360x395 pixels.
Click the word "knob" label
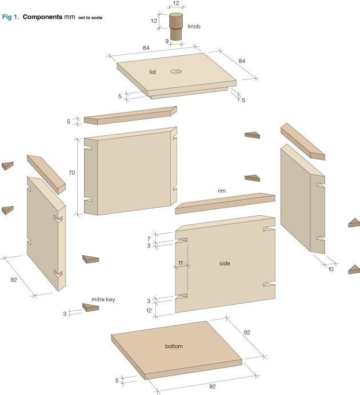[x=194, y=27]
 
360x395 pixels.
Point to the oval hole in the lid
[x=175, y=72]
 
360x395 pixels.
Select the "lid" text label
[x=153, y=72]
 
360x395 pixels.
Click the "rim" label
[x=222, y=191]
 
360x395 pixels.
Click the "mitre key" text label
[x=103, y=299]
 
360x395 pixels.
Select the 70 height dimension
[x=71, y=172]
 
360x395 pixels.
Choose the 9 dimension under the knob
[x=167, y=41]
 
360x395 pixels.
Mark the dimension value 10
[x=330, y=268]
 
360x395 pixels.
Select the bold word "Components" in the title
[x=42, y=17]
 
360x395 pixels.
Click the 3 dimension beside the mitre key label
[x=65, y=313]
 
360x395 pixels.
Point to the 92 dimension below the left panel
[x=14, y=280]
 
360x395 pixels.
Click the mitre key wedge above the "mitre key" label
[x=90, y=259]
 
